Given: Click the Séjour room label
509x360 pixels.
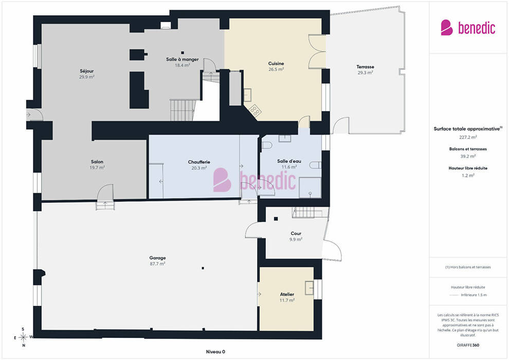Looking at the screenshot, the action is [x=87, y=71].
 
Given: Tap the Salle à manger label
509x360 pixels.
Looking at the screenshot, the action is [x=182, y=60].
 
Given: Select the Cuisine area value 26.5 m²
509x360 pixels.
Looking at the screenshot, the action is [x=276, y=69].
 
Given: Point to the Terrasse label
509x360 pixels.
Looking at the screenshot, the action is [x=365, y=67].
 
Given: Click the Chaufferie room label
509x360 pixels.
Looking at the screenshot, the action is [x=199, y=162].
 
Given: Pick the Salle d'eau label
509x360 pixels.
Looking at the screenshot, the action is [x=289, y=161].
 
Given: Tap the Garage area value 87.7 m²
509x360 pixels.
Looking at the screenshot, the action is [x=157, y=264].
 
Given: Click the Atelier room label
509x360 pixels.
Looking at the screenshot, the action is [x=287, y=294].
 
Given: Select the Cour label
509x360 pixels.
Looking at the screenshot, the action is [x=296, y=233].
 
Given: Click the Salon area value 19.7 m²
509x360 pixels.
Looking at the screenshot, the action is [x=97, y=168].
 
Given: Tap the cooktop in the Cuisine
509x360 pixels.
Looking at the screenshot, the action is [x=254, y=111].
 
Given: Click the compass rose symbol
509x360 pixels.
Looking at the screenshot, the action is [x=23, y=337].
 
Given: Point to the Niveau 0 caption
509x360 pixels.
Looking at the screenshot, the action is [x=215, y=352].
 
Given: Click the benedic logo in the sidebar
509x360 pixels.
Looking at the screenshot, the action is [x=468, y=28].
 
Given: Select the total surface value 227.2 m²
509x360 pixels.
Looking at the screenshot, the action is [x=468, y=137].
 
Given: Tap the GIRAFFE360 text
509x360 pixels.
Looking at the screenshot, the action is [x=468, y=345].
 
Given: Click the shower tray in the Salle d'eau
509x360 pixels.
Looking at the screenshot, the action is [x=310, y=188].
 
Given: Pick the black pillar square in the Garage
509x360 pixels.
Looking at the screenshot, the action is [x=203, y=268].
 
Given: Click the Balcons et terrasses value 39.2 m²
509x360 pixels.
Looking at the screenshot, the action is [x=468, y=156].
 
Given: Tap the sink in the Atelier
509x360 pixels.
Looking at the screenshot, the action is [x=309, y=288].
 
